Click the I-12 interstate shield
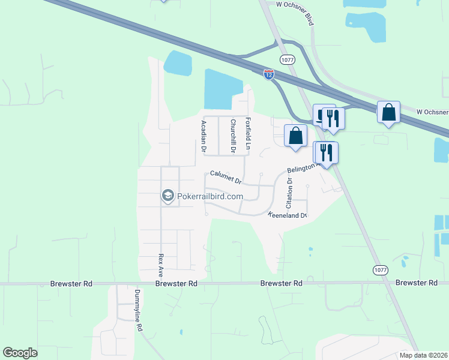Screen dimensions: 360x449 269,74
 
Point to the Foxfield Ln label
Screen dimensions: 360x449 247,133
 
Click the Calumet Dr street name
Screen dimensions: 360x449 226,178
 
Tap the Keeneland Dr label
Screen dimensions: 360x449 288,215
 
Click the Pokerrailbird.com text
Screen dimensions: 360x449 210,196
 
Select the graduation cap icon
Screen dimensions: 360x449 167,196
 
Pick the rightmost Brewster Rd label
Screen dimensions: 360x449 416,283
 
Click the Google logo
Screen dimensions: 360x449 20,353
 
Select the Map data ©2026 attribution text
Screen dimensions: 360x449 423,355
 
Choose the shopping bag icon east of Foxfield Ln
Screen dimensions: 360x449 295,135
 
